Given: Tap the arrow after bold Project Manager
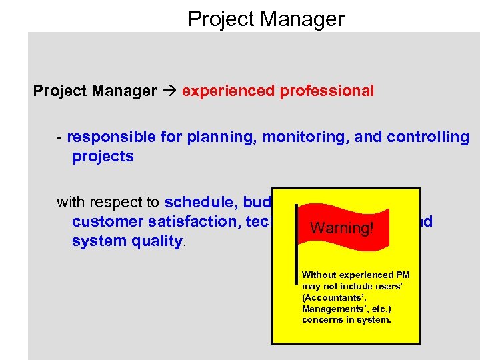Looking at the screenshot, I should (x=169, y=91).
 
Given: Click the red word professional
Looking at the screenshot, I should (x=326, y=91).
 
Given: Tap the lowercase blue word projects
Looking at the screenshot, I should (x=103, y=157).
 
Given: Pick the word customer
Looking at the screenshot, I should (x=107, y=221).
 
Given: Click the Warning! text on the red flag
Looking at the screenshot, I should (x=342, y=228).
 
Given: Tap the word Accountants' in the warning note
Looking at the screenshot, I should (x=331, y=297).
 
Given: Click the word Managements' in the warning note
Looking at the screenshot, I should (x=331, y=309).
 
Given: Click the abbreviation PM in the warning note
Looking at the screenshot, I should (x=402, y=275).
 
